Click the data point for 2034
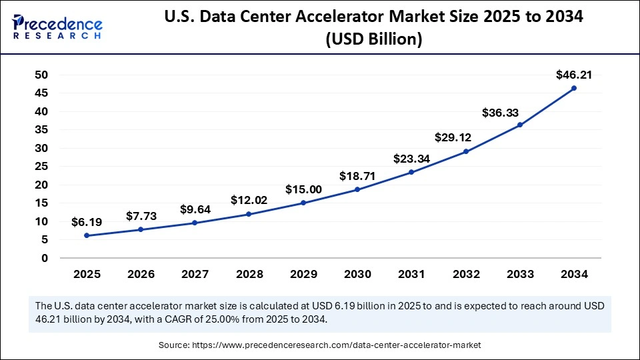pos(574,88)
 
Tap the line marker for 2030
pos(357,189)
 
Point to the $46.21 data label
pos(574,75)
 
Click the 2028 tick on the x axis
pos(249,273)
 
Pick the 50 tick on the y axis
pos(41,75)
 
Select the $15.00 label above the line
pos(303,189)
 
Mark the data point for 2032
pos(466,151)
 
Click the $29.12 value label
pos(466,137)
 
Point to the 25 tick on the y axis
pos(41,167)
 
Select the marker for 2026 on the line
pos(141,229)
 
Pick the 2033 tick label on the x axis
pos(520,273)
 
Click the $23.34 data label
pos(411,158)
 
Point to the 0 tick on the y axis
pos(45,258)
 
